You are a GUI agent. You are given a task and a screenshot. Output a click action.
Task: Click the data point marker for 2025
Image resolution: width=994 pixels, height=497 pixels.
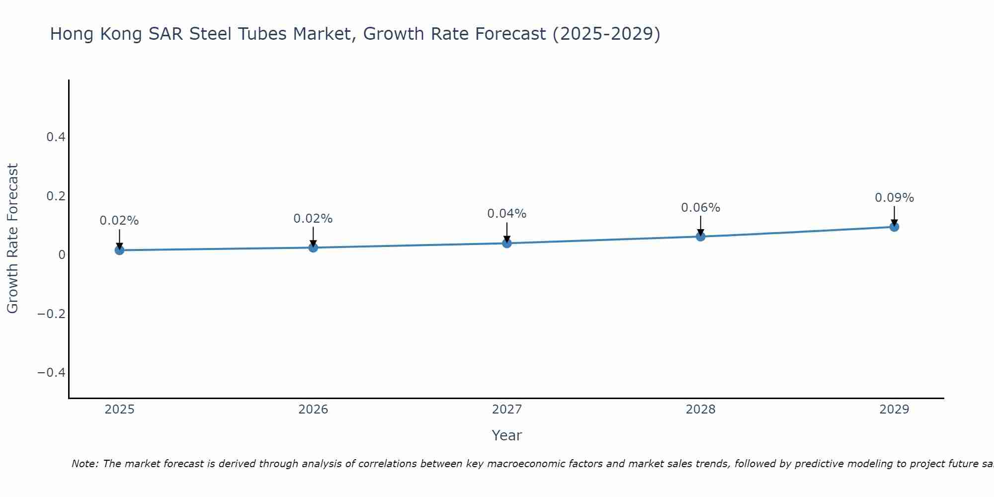pyautogui.click(x=119, y=250)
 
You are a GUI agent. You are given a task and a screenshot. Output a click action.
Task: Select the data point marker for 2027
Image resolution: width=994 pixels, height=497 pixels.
pyautogui.click(x=507, y=243)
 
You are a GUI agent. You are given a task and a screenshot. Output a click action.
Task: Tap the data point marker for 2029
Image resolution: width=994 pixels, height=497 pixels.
pyautogui.click(x=894, y=227)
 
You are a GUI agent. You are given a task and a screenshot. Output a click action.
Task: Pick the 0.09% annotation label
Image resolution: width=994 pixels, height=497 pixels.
pyautogui.click(x=894, y=198)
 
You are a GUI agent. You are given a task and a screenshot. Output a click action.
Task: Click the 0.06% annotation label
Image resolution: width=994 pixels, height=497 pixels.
pyautogui.click(x=700, y=208)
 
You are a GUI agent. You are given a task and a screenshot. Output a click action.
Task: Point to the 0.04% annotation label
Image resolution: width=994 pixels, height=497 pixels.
pyautogui.click(x=506, y=214)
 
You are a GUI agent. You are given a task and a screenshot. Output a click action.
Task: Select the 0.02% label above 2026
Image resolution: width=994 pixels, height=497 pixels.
pyautogui.click(x=313, y=219)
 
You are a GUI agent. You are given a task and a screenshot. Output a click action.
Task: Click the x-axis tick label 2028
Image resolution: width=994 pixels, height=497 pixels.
pyautogui.click(x=700, y=410)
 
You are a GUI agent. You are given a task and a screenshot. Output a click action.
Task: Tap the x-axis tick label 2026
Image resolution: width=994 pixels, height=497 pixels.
pyautogui.click(x=313, y=410)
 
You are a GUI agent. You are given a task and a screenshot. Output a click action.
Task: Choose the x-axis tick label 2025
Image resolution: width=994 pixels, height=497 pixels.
pyautogui.click(x=119, y=410)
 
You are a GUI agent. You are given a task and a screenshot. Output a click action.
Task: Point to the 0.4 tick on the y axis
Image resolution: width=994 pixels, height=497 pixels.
pyautogui.click(x=56, y=137)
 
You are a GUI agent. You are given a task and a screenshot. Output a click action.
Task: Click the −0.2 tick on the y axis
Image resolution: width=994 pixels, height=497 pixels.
pyautogui.click(x=52, y=314)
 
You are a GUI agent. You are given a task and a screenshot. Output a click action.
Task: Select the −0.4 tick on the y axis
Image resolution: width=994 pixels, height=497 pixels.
pyautogui.click(x=52, y=373)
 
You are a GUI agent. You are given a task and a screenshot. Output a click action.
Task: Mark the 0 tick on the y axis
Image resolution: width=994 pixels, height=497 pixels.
pyautogui.click(x=62, y=255)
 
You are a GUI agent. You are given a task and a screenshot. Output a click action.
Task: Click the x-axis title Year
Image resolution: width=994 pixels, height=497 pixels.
pyautogui.click(x=506, y=436)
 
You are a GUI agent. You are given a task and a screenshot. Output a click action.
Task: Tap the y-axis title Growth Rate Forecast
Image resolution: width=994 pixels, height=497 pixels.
pyautogui.click(x=12, y=239)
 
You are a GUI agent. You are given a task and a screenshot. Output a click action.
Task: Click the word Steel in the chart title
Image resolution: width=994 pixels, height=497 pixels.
pyautogui.click(x=211, y=34)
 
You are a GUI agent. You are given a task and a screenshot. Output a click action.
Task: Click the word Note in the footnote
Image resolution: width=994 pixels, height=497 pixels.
pyautogui.click(x=84, y=464)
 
